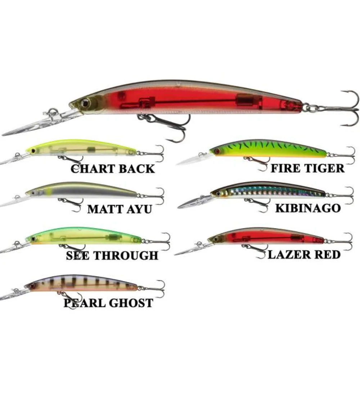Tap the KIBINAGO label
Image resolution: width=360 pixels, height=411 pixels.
pos(308,208)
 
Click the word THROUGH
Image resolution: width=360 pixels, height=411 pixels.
pos(126,256)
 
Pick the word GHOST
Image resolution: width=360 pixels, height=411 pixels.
pos(131,303)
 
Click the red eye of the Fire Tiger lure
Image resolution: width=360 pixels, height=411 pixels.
pos(216,151)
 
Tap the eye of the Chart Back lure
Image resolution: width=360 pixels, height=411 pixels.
pos(33,151)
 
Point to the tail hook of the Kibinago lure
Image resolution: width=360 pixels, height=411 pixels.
pos(342,195)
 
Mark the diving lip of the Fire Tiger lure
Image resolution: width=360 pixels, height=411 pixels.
pos(194,159)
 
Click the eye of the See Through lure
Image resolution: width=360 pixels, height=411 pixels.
pos(33,239)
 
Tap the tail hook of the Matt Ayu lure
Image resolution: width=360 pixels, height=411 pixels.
pos(153,196)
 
